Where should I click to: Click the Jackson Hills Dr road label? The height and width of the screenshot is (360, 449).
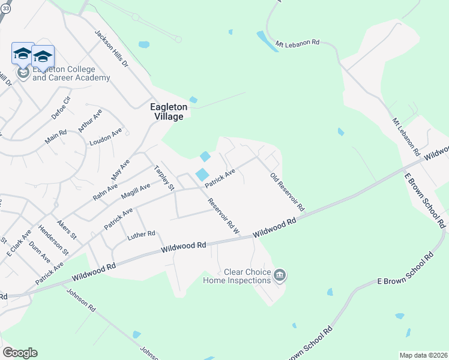[x=112, y=46]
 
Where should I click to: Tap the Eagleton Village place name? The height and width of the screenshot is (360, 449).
[x=168, y=112]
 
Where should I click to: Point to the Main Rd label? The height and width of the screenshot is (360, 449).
[x=55, y=136]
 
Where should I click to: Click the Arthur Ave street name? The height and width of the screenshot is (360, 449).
[x=86, y=121]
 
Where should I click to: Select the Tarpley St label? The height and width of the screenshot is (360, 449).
[x=164, y=178]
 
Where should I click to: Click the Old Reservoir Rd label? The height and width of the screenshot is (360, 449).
[x=288, y=193]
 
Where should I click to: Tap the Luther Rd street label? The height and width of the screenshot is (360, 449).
[x=141, y=235]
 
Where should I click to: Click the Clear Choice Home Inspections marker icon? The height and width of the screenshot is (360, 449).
[x=280, y=276]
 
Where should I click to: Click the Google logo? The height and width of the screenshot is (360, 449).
[x=20, y=353]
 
